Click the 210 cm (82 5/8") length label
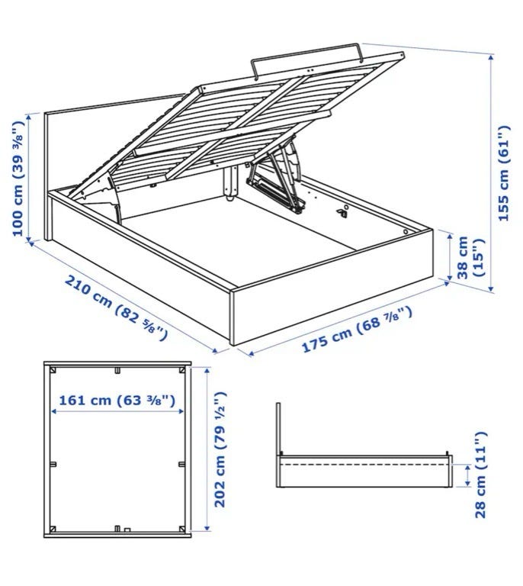[116, 307]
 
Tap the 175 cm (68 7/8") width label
[357, 330]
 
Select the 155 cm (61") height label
[504, 173]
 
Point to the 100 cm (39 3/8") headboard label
[18, 179]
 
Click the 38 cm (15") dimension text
[470, 258]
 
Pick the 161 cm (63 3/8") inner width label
[117, 401]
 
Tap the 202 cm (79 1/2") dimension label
[220, 449]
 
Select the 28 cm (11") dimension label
[480, 475]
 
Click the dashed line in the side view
[364, 464]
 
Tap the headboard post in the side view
[278, 445]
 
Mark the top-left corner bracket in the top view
[53, 370]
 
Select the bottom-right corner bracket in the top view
[181, 529]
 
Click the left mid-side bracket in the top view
[53, 464]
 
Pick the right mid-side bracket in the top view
[181, 464]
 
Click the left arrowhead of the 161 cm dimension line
[54, 411]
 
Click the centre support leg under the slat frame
[230, 183]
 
